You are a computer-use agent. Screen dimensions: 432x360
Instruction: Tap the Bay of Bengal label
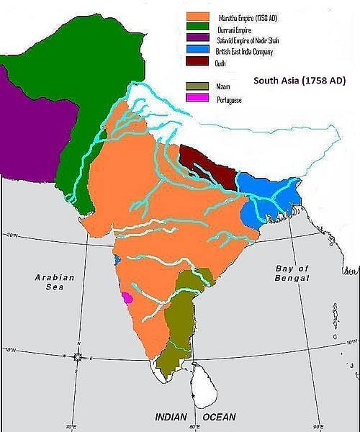[292, 273]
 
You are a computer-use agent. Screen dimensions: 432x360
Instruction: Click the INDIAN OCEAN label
[195, 417]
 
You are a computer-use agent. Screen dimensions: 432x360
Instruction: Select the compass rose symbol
[77, 357]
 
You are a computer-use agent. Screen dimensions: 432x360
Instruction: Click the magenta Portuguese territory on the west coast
[127, 297]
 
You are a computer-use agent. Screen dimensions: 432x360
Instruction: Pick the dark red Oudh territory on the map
[207, 166]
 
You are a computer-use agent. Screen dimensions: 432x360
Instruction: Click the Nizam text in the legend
[224, 86]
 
